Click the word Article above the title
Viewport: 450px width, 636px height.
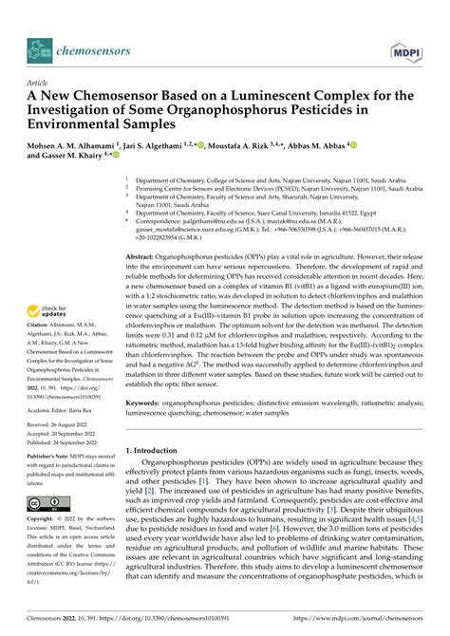click(37, 84)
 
